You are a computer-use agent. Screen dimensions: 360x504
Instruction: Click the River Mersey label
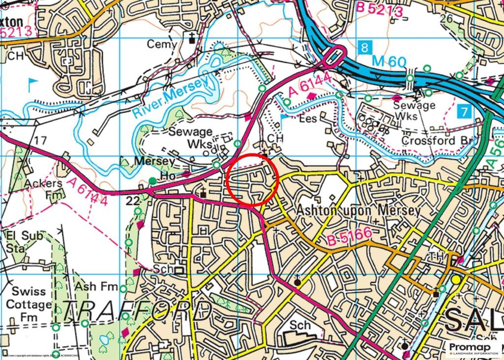coord(168,97)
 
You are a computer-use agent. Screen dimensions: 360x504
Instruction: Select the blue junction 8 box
coord(363,48)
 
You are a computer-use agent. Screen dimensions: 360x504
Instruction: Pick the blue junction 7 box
coord(463,111)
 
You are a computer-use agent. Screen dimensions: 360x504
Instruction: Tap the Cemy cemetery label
coord(162,44)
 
